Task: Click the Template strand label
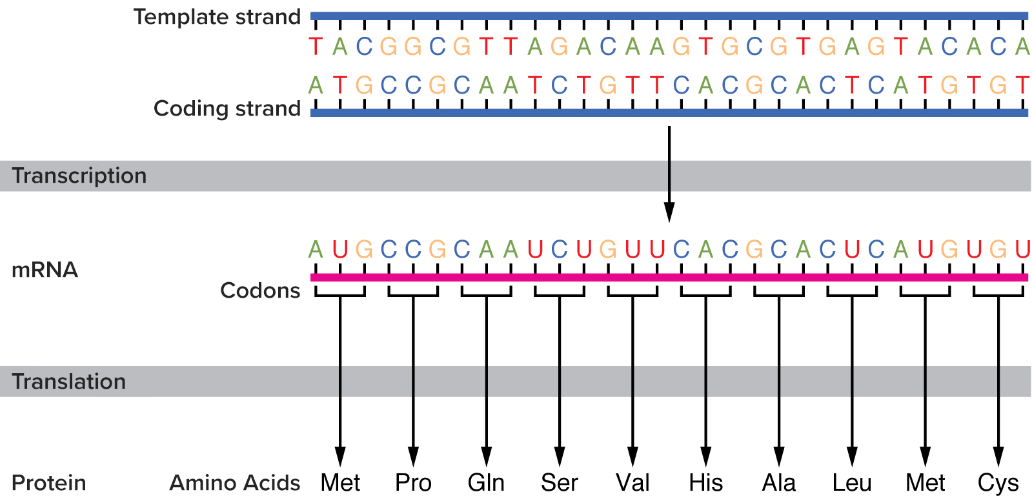click(x=217, y=17)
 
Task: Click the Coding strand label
click(x=227, y=108)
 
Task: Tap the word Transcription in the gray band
click(x=79, y=176)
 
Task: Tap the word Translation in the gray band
click(x=69, y=382)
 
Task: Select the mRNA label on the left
click(x=45, y=270)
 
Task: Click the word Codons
click(x=260, y=291)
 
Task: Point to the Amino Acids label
click(x=235, y=483)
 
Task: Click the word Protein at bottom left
click(x=49, y=483)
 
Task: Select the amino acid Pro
click(x=413, y=483)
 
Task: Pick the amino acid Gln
click(x=486, y=483)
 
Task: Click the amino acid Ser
click(x=560, y=483)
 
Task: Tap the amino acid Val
click(x=632, y=483)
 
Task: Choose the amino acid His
click(x=705, y=483)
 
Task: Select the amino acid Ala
click(x=779, y=483)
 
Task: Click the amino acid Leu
click(x=852, y=483)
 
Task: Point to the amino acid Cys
click(x=998, y=483)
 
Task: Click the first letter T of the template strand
click(x=316, y=46)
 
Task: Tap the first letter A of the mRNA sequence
click(x=316, y=249)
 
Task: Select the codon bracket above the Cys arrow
click(x=998, y=294)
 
